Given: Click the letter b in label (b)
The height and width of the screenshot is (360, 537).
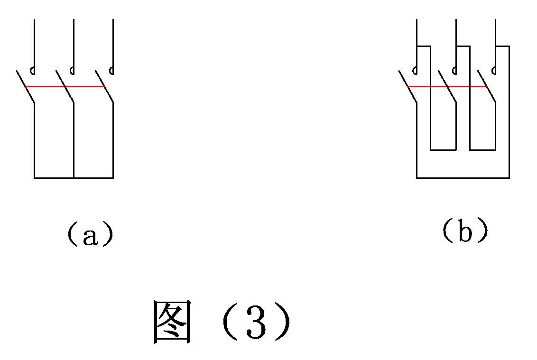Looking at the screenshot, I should point(465,232).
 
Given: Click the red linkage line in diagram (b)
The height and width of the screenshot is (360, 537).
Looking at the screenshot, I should point(448,87).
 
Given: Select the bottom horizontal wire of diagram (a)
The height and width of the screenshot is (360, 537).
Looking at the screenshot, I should point(74,178).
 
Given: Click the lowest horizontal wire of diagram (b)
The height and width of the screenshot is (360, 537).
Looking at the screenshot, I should point(463,178).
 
